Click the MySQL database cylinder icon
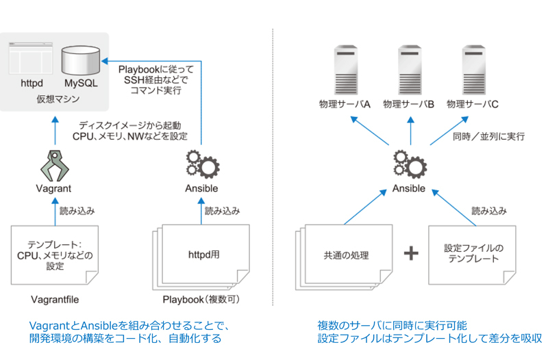coord(81,60)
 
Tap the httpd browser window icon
coord(31,58)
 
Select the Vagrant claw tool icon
coord(55,166)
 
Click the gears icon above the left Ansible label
coord(202,164)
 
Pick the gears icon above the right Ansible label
coord(410,164)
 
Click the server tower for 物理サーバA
coord(346,70)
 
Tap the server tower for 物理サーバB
coord(410,70)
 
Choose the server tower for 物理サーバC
coord(474,70)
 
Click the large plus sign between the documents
coord(411,253)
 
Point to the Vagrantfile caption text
coord(55,300)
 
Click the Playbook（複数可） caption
coord(201,300)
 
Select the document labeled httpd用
coord(201,257)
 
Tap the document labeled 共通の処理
coord(344,257)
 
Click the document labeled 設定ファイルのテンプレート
coord(472,255)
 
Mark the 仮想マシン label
coord(58,99)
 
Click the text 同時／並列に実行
coord(488,136)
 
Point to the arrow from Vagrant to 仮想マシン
coord(55,131)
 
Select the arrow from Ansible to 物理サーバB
coord(410,131)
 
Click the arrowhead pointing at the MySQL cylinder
coord(105,62)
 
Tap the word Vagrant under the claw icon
coord(53,188)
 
